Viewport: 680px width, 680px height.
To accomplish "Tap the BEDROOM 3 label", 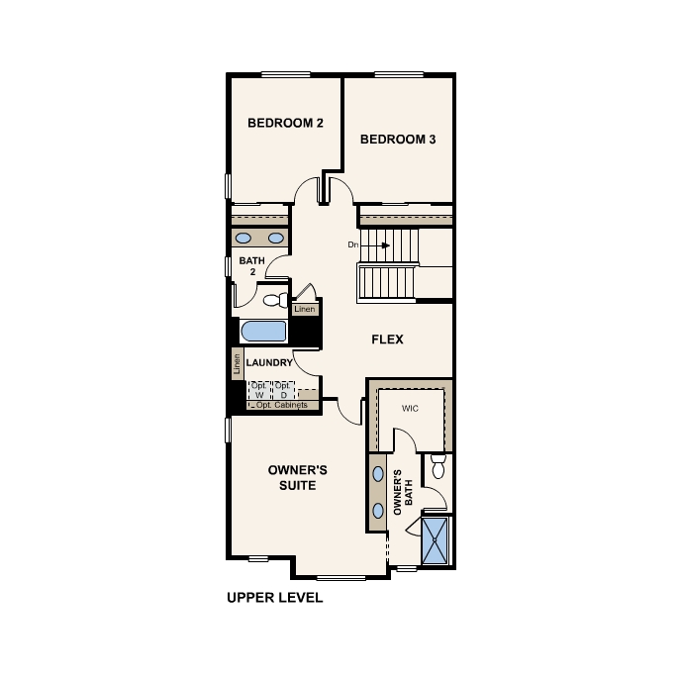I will click(397, 140).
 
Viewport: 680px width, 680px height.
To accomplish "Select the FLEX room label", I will click(386, 340).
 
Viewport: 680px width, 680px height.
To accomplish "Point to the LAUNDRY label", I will click(269, 363).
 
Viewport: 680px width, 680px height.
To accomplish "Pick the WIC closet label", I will click(413, 408).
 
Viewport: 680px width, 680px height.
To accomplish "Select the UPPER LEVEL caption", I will click(275, 598).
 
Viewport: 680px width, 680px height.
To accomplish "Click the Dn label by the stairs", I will click(351, 244).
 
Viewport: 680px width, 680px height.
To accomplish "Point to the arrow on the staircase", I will click(369, 244).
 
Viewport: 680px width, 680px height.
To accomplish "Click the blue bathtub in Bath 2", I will click(264, 331).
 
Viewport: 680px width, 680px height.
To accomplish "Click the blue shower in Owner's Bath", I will click(436, 540).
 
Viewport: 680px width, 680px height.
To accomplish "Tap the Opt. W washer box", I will click(259, 389).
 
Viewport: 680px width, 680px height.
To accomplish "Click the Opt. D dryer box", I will click(283, 389).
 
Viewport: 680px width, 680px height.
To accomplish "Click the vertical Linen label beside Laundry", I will click(238, 363).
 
